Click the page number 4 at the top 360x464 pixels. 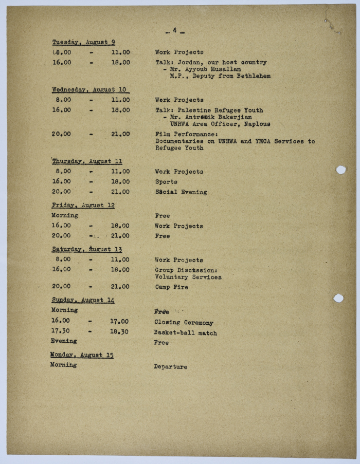tap(175, 30)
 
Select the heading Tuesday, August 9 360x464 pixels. tap(83, 42)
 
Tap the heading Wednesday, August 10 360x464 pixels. tap(89, 89)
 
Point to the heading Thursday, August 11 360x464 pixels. tap(86, 161)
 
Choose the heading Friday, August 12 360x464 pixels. tap(83, 205)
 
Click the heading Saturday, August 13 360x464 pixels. tap(86, 249)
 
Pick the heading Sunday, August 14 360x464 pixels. tap(83, 300)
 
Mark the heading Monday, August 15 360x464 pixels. tap(81, 355)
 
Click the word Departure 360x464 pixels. tap(170, 367)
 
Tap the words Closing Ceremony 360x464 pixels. tap(184, 323)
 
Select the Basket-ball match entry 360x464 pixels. tap(185, 333)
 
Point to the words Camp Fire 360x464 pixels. tap(171, 287)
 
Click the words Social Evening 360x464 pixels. tap(181, 192)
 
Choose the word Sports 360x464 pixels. tap(166, 182)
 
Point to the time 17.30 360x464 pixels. tap(61, 331)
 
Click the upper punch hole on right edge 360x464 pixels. tap(340, 170)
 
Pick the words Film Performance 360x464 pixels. tap(179, 134)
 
